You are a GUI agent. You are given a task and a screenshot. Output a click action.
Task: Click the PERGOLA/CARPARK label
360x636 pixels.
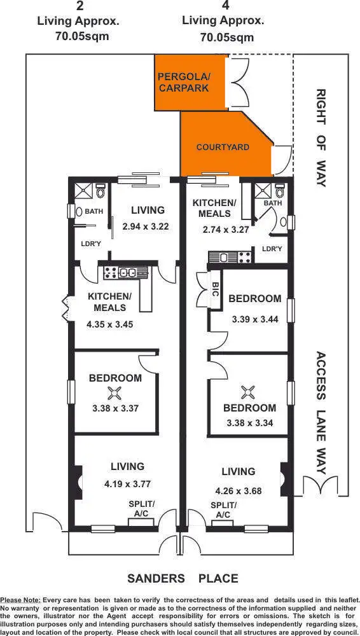click(x=183, y=83)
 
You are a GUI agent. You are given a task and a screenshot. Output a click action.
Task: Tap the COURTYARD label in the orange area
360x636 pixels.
click(x=222, y=147)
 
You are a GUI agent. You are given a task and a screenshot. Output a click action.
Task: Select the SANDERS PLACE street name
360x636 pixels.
click(x=183, y=578)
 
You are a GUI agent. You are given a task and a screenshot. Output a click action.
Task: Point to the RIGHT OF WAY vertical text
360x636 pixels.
click(x=321, y=137)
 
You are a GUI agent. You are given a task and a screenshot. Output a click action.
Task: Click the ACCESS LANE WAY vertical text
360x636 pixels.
click(x=321, y=413)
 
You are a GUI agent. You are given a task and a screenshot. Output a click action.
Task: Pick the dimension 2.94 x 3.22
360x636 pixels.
click(x=145, y=226)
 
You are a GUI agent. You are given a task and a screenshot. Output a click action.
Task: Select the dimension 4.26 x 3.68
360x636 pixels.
click(x=238, y=490)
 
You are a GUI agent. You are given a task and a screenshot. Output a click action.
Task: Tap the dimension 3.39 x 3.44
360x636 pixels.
click(x=254, y=319)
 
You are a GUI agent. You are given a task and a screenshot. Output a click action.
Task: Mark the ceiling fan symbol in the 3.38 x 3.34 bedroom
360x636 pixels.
click(x=249, y=390)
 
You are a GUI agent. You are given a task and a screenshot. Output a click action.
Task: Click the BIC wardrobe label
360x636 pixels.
click(x=216, y=290)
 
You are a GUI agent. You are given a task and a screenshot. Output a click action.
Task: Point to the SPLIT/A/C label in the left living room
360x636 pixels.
click(x=141, y=509)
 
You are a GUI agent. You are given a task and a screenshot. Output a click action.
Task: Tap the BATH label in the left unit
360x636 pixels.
click(x=93, y=211)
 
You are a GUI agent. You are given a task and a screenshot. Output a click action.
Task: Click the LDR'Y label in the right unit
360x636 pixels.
click(x=272, y=249)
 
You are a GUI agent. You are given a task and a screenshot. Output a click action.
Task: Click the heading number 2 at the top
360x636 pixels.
click(x=79, y=7)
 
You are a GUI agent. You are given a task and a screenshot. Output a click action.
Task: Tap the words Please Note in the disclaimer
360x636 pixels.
click(x=20, y=600)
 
